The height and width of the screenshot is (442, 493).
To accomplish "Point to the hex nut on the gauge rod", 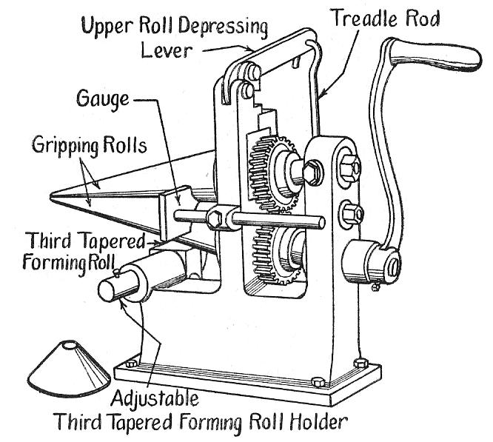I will (x=217, y=218).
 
